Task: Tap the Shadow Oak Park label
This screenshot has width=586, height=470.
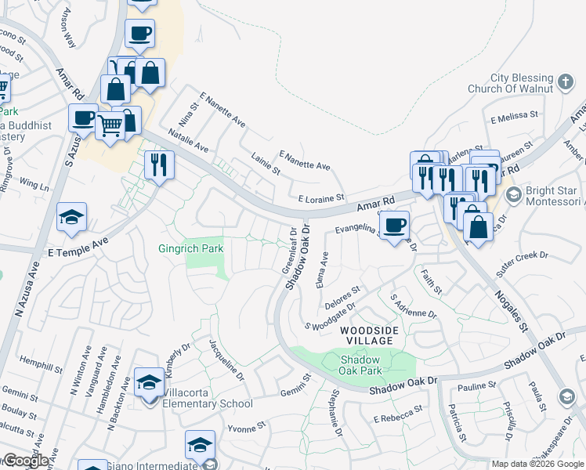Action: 360,365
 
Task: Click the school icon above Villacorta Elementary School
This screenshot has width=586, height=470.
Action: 149,383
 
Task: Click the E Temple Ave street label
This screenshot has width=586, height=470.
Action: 77,253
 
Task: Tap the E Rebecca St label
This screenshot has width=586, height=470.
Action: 398,414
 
